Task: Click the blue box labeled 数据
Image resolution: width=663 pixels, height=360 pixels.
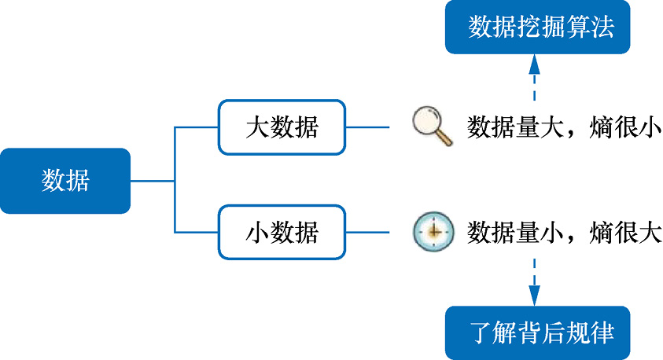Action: point(65,181)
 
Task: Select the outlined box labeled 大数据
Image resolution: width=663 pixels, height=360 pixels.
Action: point(282,127)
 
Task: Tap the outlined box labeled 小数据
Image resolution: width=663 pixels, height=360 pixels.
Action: point(282,233)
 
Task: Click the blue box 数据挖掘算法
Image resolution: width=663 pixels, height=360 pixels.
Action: point(538,28)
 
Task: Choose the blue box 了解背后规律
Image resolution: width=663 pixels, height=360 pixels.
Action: point(538,332)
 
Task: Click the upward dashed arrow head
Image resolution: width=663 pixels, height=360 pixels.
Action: point(535,64)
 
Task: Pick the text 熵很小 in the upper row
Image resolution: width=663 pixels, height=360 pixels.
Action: point(624,127)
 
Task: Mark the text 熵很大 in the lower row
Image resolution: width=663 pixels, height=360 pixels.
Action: point(624,233)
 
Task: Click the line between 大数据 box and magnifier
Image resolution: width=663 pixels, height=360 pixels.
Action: point(368,127)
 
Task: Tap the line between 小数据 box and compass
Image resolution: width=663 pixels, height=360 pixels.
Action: point(368,233)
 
